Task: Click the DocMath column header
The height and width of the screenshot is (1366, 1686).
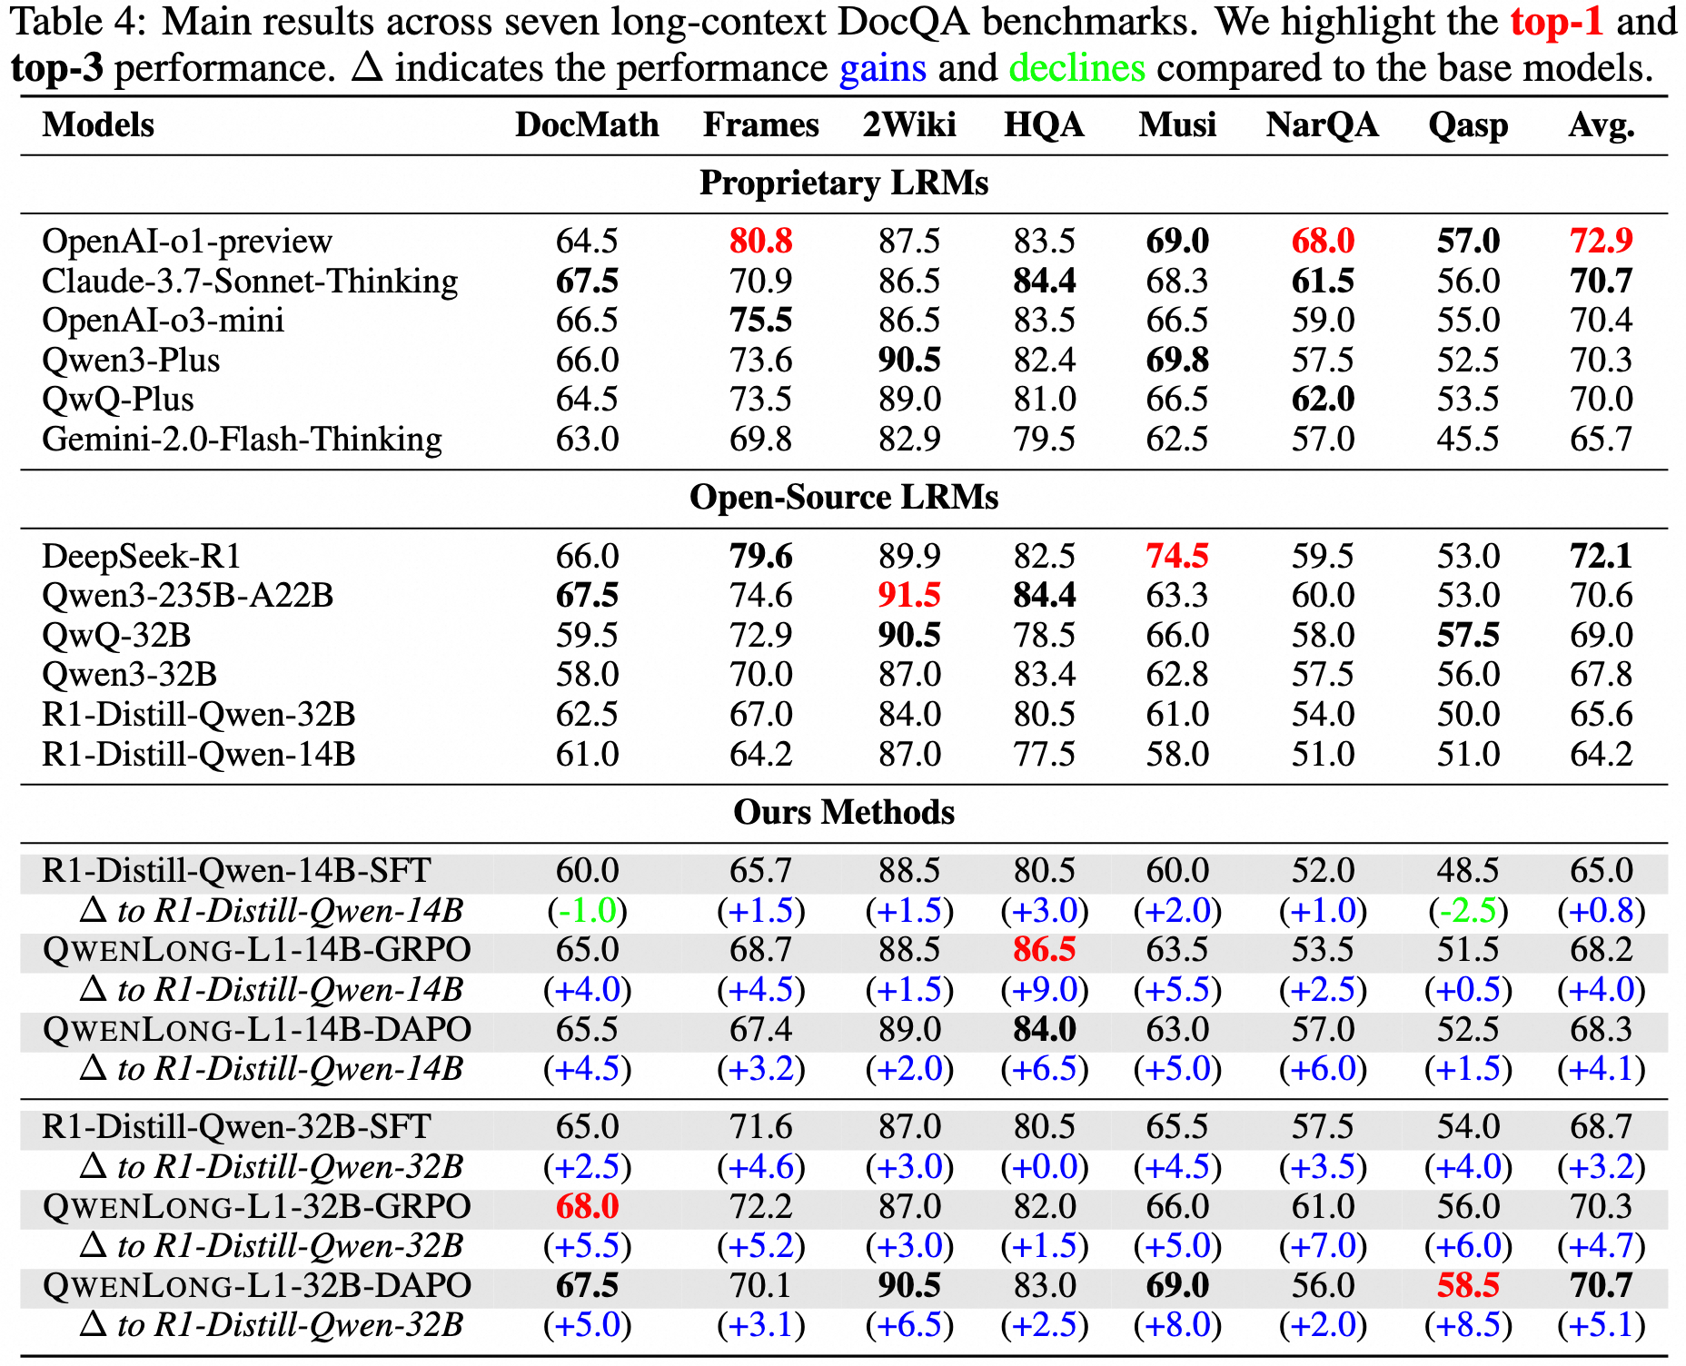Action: [x=587, y=125]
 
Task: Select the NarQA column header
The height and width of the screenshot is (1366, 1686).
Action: [x=1322, y=125]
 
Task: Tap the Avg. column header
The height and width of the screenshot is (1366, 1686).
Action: [x=1601, y=125]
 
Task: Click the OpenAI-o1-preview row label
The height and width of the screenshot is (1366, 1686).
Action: [x=187, y=242]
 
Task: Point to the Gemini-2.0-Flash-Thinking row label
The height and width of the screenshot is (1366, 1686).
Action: [x=242, y=440]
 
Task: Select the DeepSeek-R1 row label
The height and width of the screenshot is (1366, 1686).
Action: [x=142, y=556]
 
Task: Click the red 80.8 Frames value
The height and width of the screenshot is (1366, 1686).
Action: [x=760, y=242]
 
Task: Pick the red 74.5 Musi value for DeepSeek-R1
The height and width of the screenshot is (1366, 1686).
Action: [x=1176, y=556]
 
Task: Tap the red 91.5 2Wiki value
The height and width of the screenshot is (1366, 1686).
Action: [x=908, y=596]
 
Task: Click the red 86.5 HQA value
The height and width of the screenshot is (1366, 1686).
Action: [x=1044, y=950]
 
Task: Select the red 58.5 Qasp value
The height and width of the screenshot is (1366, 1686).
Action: [x=1467, y=1286]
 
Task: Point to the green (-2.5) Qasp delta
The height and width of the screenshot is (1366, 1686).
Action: [x=1467, y=910]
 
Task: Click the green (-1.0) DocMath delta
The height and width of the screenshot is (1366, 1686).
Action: [x=587, y=910]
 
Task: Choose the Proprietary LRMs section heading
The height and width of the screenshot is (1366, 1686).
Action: [x=844, y=183]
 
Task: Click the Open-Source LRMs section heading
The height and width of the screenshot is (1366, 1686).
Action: [x=844, y=498]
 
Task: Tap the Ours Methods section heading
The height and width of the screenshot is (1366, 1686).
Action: [x=844, y=812]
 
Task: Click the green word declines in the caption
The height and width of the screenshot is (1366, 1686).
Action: [x=1076, y=69]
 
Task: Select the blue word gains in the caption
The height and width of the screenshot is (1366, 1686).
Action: [x=882, y=69]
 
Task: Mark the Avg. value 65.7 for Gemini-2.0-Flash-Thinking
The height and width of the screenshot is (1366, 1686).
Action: [x=1601, y=440]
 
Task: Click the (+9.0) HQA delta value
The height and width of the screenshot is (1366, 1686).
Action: [x=1044, y=990]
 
